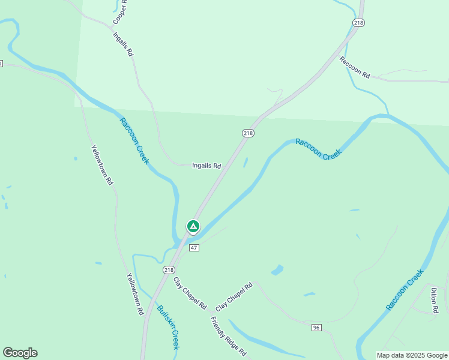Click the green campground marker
(x=193, y=227)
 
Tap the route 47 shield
(x=193, y=248)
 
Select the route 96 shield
(x=317, y=328)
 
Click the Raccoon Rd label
(x=354, y=68)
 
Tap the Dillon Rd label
(x=433, y=301)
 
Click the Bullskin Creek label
(x=168, y=328)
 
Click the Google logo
(x=20, y=353)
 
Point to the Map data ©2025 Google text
(x=412, y=355)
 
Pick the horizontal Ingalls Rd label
(x=206, y=166)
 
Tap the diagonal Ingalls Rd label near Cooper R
(x=123, y=44)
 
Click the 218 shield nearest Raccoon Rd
(x=359, y=23)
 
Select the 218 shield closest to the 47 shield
(x=169, y=270)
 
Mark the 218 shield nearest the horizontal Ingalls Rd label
(x=248, y=133)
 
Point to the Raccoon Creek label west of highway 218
(x=133, y=141)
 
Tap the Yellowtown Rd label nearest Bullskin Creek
(x=136, y=294)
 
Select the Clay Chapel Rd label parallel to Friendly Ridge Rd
(x=190, y=293)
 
